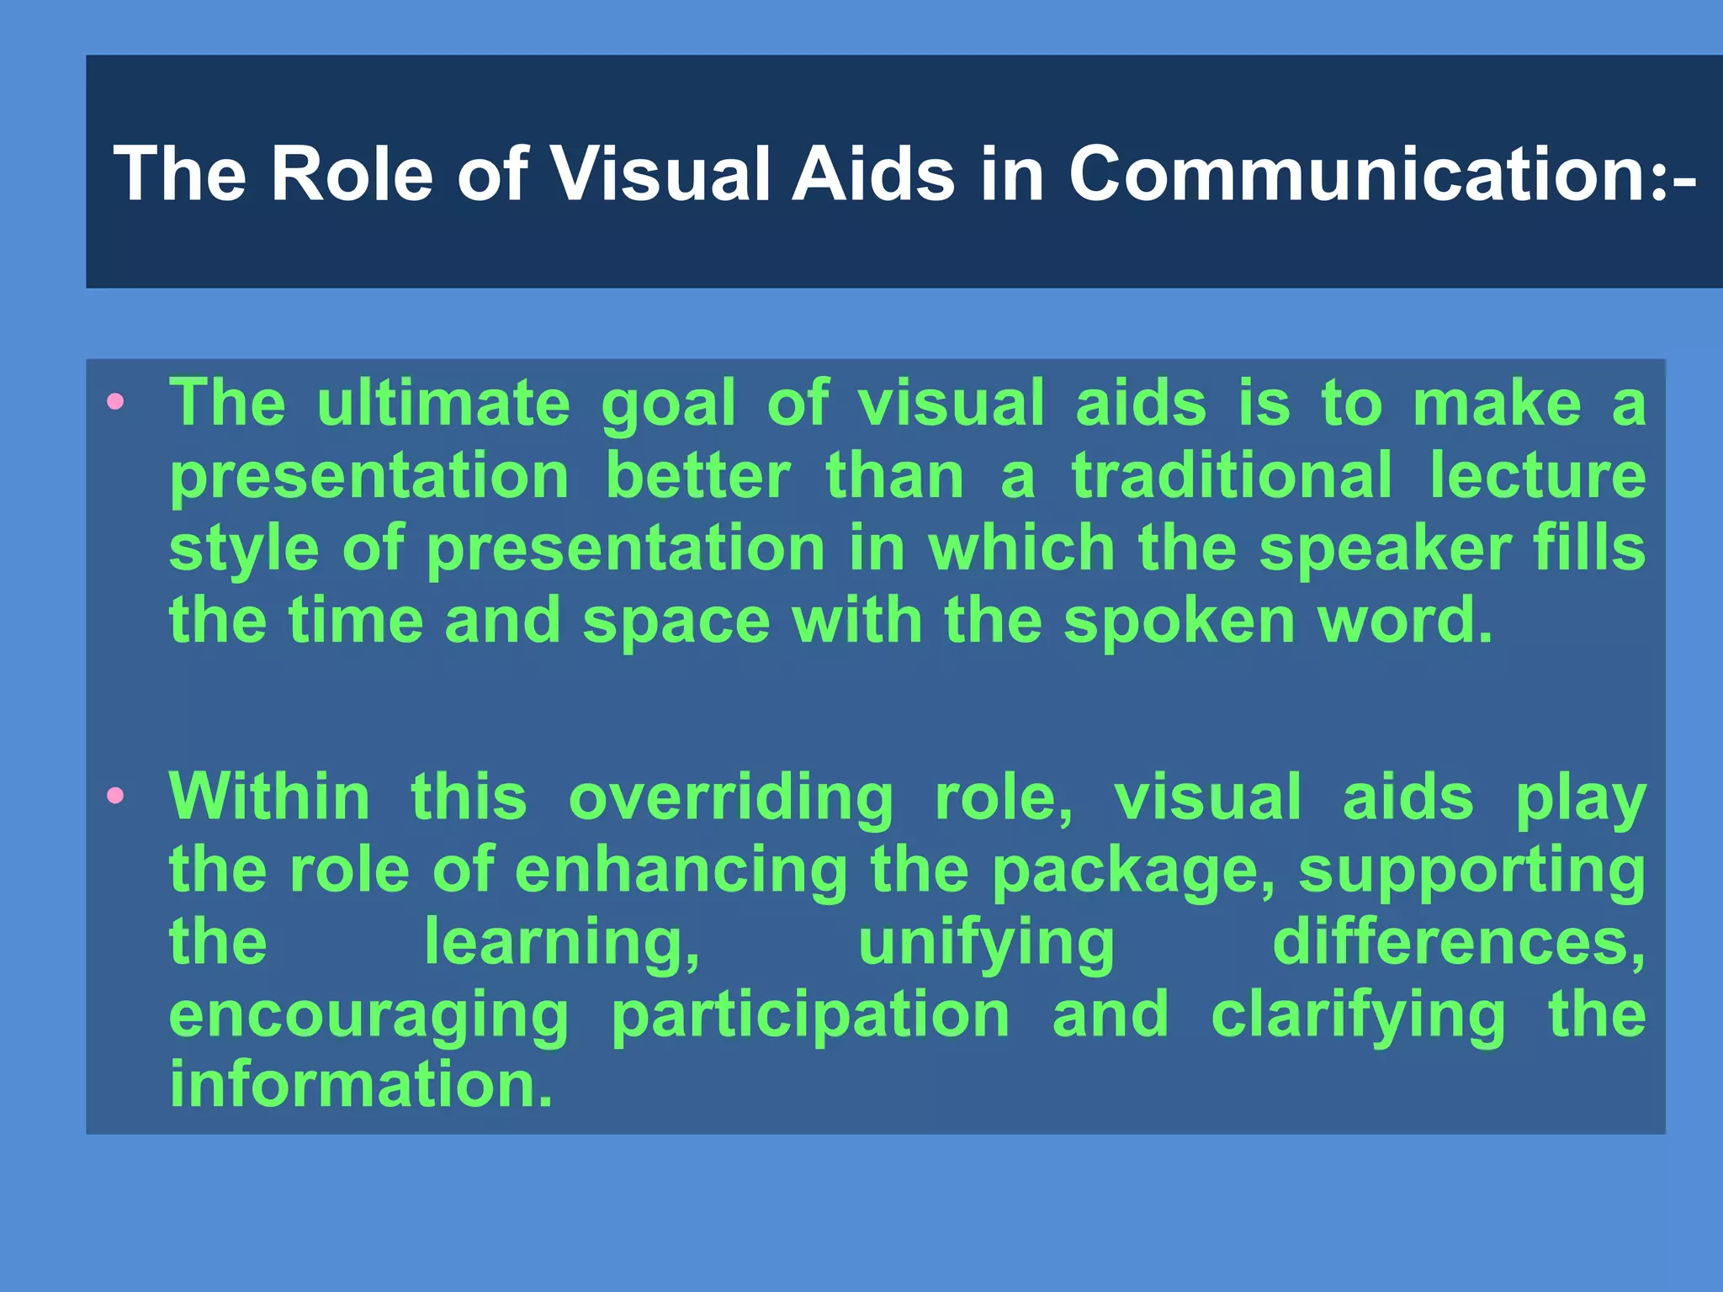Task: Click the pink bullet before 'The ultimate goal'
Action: point(116,401)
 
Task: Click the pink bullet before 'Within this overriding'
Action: point(116,795)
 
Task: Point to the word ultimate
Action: point(443,403)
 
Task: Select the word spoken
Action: point(1179,621)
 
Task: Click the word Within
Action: point(269,797)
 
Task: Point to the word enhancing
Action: point(681,871)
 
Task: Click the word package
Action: point(1132,871)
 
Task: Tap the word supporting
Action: point(1471,871)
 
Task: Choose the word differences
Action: point(1458,942)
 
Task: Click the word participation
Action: point(810,1016)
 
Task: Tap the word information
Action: point(360,1085)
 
